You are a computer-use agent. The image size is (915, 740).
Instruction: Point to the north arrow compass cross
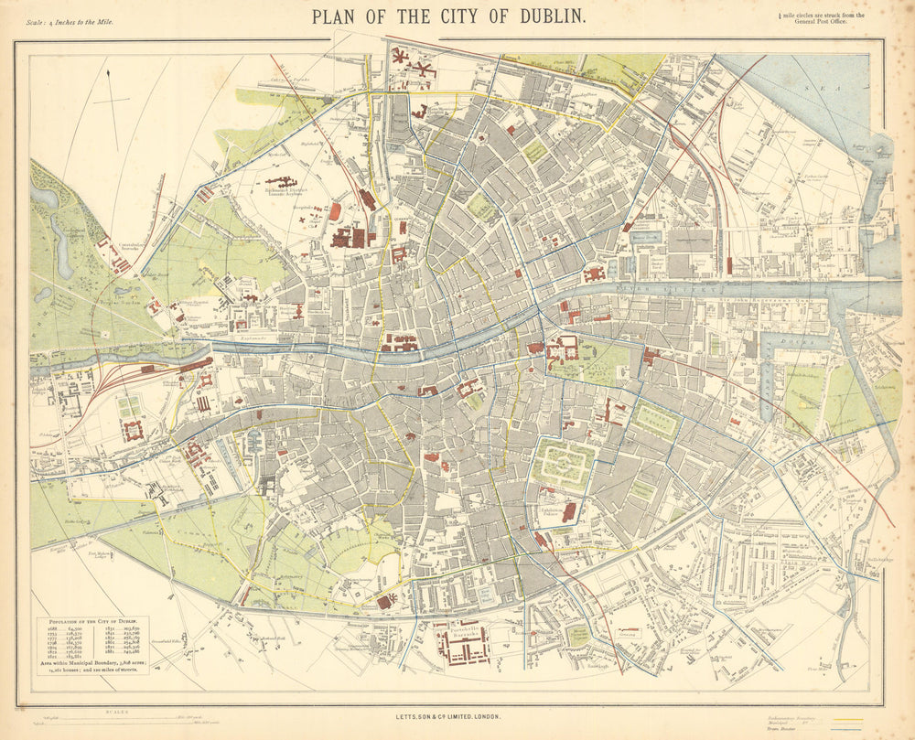point(111,97)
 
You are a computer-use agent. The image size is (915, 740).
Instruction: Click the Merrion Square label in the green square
point(656,416)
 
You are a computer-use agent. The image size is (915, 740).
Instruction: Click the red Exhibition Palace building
point(568,511)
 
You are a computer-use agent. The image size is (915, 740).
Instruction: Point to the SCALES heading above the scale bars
point(116,710)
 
